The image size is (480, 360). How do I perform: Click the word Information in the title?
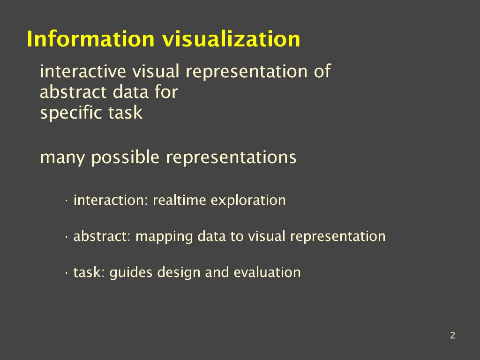[90, 39]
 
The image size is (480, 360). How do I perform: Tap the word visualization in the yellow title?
[231, 39]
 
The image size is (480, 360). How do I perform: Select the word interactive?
[83, 71]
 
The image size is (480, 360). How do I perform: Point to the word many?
[62, 158]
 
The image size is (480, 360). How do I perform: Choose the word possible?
[125, 157]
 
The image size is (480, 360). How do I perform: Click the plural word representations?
[231, 158]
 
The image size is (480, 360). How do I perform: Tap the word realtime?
[179, 200]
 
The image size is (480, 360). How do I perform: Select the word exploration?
[248, 201]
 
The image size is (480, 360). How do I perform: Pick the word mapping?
[164, 237]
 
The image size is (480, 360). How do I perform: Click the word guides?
[131, 273]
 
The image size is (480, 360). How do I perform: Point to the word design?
[179, 273]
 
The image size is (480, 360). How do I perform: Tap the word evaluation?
[267, 272]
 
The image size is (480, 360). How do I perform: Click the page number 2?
[453, 335]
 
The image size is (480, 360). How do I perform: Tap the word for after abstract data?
[166, 92]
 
